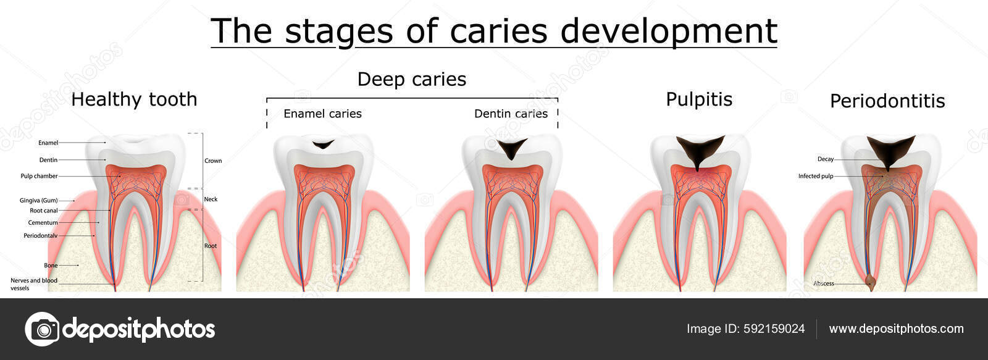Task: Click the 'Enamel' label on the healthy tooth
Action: pyautogui.click(x=48, y=143)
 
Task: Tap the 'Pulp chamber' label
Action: pyautogui.click(x=39, y=176)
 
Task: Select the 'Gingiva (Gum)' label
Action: pyautogui.click(x=38, y=200)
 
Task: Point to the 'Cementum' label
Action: pyautogui.click(x=43, y=222)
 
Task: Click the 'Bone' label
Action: pyautogui.click(x=51, y=266)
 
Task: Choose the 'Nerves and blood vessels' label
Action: pyautogui.click(x=34, y=284)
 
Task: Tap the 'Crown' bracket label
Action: pyautogui.click(x=213, y=161)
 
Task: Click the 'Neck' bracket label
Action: pyautogui.click(x=211, y=199)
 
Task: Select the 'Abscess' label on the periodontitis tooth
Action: pyautogui.click(x=824, y=283)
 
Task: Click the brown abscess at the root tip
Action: pyautogui.click(x=871, y=283)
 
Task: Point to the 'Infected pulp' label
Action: pyautogui.click(x=815, y=176)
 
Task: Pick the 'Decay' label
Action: pyautogui.click(x=826, y=159)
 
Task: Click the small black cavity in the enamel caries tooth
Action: pyautogui.click(x=322, y=145)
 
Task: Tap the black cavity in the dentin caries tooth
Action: pyautogui.click(x=512, y=149)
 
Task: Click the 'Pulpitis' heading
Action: pyautogui.click(x=699, y=99)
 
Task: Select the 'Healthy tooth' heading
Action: pyautogui.click(x=134, y=99)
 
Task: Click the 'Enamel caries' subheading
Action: pyautogui.click(x=322, y=114)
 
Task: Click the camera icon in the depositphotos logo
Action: pyautogui.click(x=42, y=329)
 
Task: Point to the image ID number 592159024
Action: pyautogui.click(x=772, y=329)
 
